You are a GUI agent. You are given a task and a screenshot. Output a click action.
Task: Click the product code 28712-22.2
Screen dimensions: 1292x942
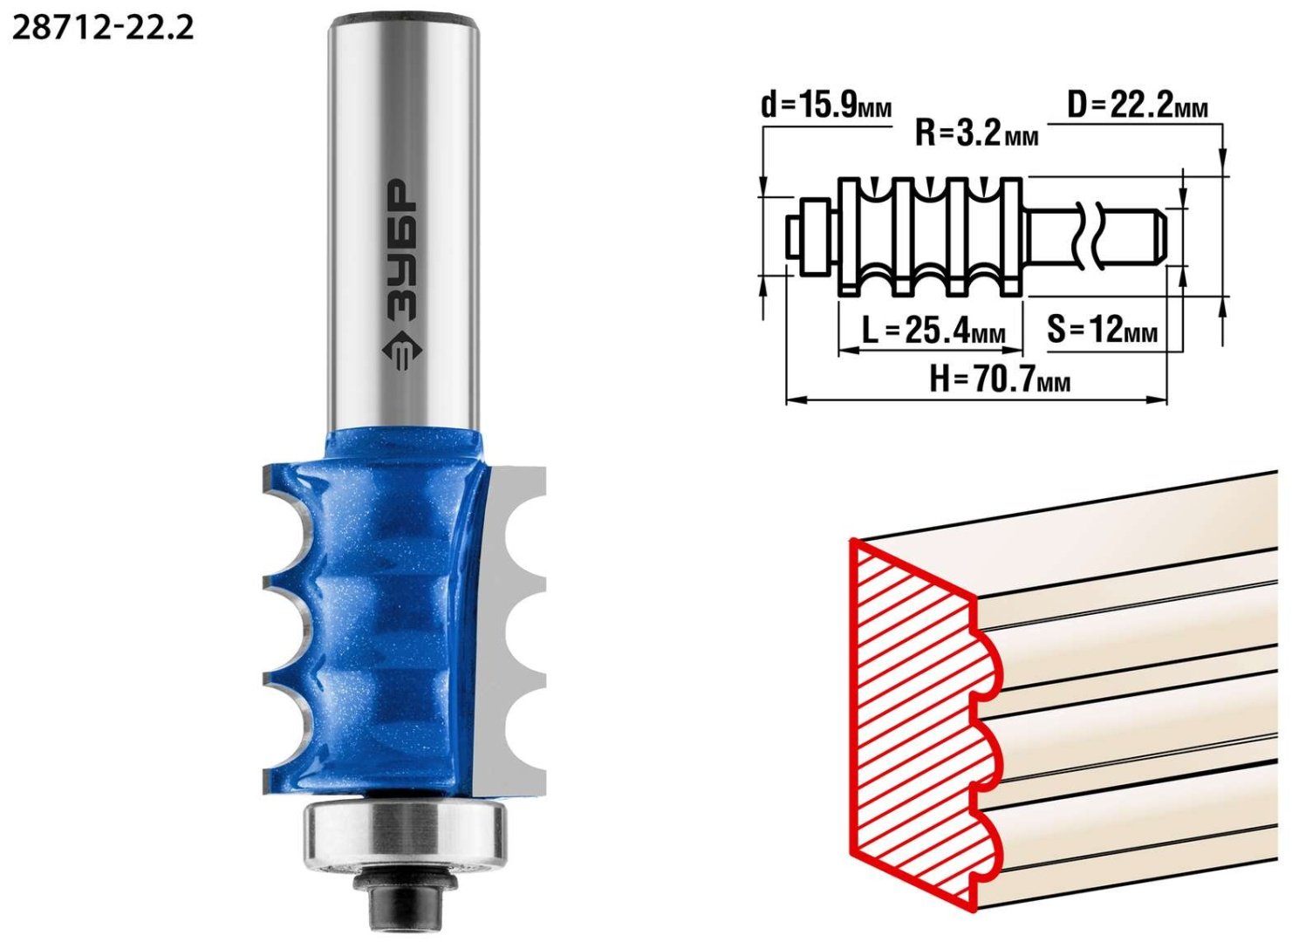point(103,28)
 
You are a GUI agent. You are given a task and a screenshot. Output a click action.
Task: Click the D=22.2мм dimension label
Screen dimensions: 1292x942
point(1137,106)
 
